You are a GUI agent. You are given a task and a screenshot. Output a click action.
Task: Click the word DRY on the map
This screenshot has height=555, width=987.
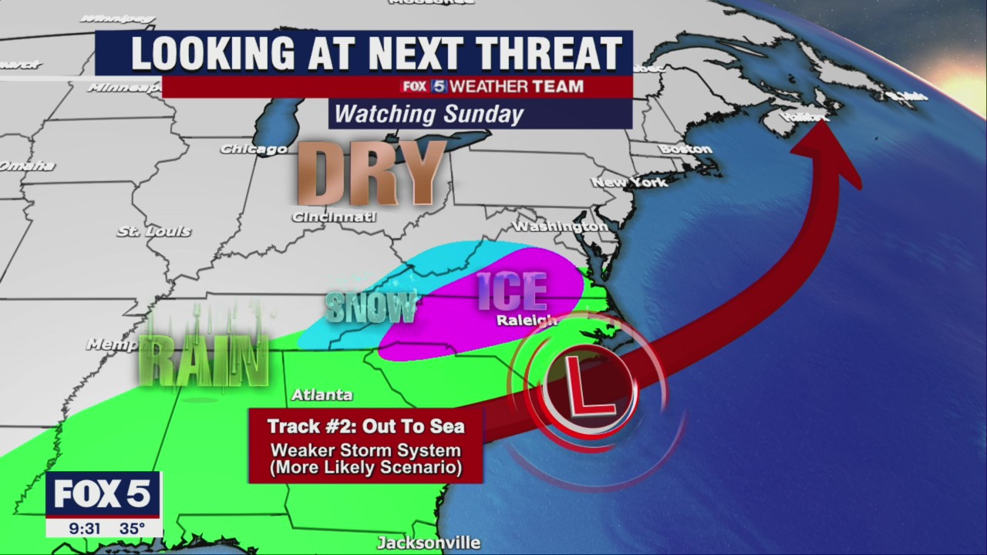(x=370, y=173)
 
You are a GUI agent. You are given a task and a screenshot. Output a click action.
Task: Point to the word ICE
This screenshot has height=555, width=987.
(x=512, y=291)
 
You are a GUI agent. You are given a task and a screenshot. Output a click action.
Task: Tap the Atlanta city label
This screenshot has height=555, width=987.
(x=322, y=395)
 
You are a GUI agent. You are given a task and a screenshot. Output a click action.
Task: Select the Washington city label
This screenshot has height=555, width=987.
(x=561, y=227)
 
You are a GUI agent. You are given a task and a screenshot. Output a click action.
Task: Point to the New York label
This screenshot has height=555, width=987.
(x=629, y=183)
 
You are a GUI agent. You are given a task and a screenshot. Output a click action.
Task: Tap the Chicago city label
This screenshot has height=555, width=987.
(x=253, y=149)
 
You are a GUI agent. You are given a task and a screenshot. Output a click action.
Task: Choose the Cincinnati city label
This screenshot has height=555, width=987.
(x=333, y=217)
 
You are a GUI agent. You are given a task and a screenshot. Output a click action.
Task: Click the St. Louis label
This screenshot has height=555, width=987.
(x=153, y=231)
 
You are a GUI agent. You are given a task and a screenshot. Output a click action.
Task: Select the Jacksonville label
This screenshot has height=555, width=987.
(x=429, y=543)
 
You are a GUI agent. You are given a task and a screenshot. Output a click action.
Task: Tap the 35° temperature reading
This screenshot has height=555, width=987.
(x=132, y=529)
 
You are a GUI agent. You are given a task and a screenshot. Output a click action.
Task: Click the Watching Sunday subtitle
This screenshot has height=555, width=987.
(x=429, y=115)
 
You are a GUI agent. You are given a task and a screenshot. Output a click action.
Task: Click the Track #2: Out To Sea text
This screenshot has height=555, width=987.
(x=365, y=426)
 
